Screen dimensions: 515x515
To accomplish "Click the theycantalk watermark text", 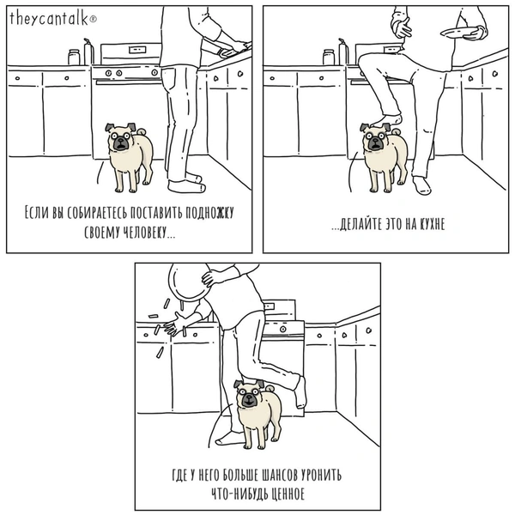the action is coord(49,18).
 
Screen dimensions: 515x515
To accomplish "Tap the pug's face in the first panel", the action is coord(119,139).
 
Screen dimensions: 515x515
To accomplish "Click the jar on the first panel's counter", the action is coord(74,57).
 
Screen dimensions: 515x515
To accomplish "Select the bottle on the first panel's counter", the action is coord(88,51).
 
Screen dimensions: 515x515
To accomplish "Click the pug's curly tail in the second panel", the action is coord(396,131).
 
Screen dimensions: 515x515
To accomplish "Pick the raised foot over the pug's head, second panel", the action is coord(386,120).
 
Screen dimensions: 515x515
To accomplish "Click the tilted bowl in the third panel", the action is coord(190,282).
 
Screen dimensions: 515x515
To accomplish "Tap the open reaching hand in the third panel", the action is coord(175,324).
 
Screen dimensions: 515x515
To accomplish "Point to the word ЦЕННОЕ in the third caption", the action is coord(285,494).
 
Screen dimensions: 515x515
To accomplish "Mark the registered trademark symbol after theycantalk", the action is coord(94,20).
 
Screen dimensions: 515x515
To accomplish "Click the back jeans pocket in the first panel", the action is coord(169,80).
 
